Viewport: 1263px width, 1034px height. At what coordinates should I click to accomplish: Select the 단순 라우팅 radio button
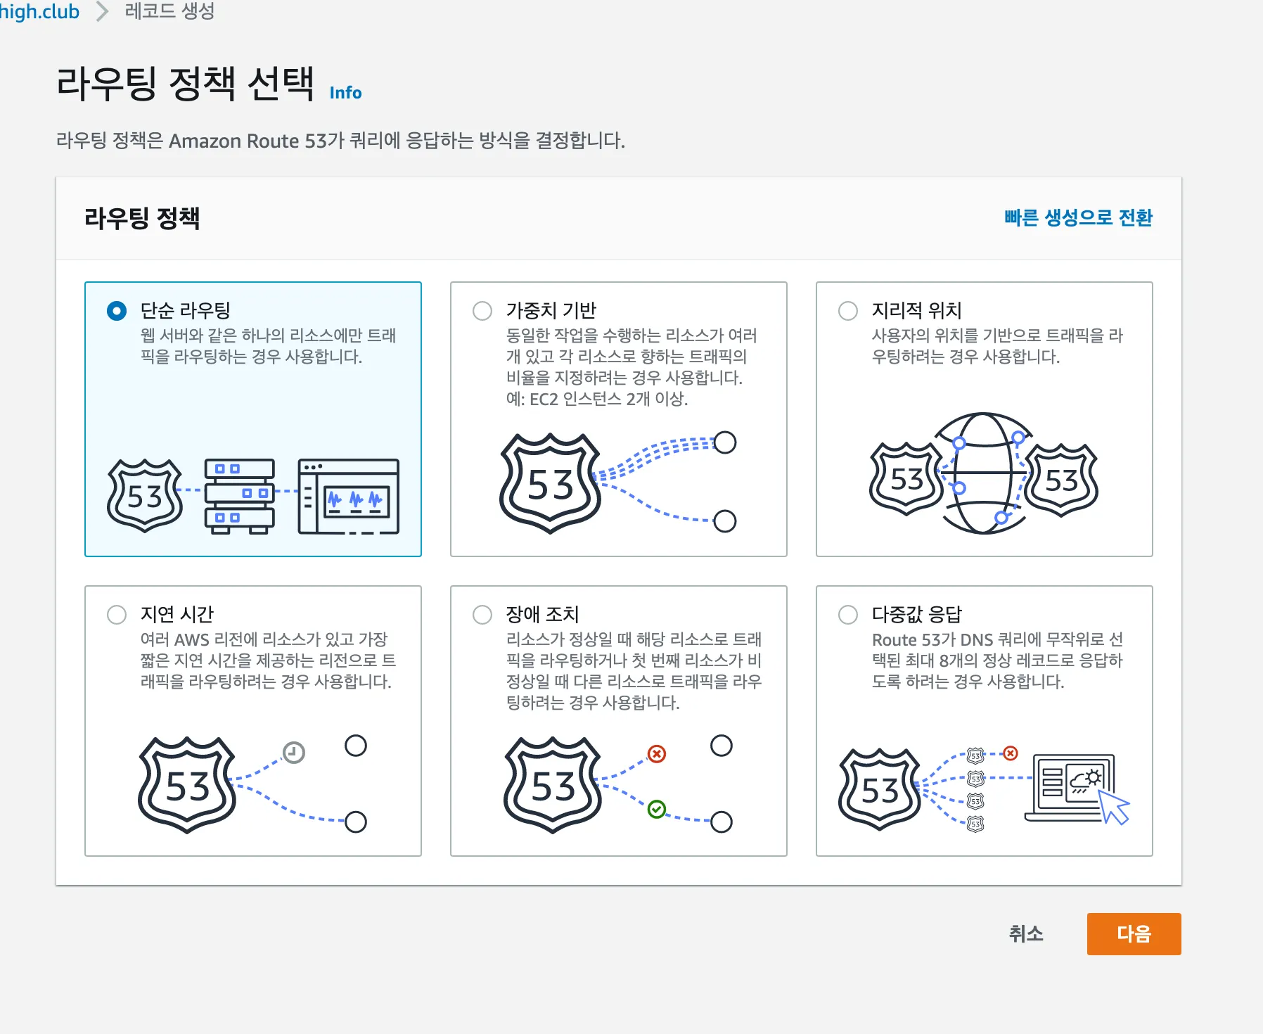click(x=117, y=311)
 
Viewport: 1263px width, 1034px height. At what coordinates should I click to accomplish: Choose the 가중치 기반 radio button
click(x=482, y=311)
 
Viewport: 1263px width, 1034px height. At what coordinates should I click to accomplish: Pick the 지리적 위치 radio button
click(x=848, y=311)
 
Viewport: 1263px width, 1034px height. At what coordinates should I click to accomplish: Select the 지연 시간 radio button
click(x=117, y=615)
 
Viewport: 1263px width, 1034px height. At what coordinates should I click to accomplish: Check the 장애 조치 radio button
click(x=482, y=615)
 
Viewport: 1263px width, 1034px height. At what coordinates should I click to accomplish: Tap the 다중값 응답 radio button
click(x=848, y=615)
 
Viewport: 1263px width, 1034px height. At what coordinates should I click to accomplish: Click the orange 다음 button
click(x=1134, y=933)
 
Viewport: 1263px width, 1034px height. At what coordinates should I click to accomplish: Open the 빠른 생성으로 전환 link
click(x=1078, y=217)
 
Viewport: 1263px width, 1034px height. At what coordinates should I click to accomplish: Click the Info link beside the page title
click(x=345, y=93)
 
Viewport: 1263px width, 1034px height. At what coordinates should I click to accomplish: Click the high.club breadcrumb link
click(x=39, y=11)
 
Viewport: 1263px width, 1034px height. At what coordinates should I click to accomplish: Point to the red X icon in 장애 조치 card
click(x=657, y=754)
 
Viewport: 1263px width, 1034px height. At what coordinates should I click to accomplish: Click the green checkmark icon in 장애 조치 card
click(x=657, y=810)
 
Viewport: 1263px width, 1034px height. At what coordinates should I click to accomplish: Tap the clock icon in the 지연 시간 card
click(x=293, y=753)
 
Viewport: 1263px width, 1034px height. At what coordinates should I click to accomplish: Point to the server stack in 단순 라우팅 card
click(x=240, y=496)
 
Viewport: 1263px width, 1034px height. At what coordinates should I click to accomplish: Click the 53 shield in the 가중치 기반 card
click(x=550, y=483)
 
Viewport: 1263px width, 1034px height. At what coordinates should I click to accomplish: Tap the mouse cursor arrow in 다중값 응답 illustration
click(x=1114, y=806)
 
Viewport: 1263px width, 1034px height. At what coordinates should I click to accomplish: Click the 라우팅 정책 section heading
click(x=142, y=218)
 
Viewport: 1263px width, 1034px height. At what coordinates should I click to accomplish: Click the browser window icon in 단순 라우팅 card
click(x=349, y=496)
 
